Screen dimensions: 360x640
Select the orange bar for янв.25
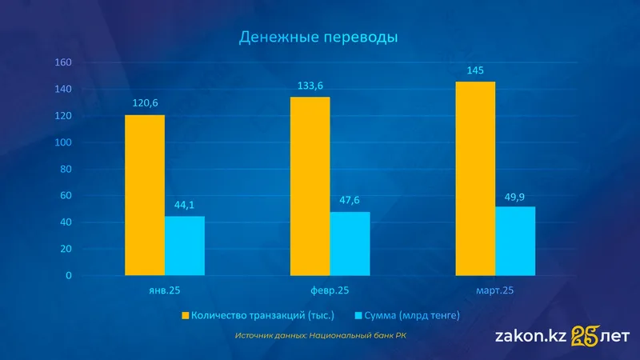tap(145, 195)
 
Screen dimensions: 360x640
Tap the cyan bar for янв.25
tap(185, 246)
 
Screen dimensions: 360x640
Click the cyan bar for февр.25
tap(350, 243)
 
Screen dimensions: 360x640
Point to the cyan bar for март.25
tap(515, 241)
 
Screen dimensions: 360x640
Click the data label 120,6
tap(145, 104)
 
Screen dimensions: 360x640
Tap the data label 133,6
tap(310, 86)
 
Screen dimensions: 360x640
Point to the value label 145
tap(475, 71)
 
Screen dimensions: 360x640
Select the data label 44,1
tap(185, 205)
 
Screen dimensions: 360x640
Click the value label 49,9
tap(515, 195)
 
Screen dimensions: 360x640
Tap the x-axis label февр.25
tap(330, 290)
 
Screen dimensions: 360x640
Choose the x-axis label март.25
tap(494, 290)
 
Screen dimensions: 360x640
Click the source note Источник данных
tap(321, 336)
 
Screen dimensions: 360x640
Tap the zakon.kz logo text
tap(531, 337)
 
